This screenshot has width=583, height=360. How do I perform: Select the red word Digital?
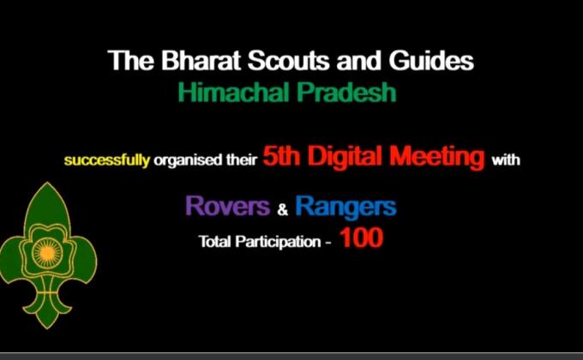click(352, 157)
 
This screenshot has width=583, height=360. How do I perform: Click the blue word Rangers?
click(346, 207)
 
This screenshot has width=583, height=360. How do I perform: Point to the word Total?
click(215, 242)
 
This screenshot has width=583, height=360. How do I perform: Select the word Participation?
click(276, 242)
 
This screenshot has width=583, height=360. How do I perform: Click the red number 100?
click(361, 239)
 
